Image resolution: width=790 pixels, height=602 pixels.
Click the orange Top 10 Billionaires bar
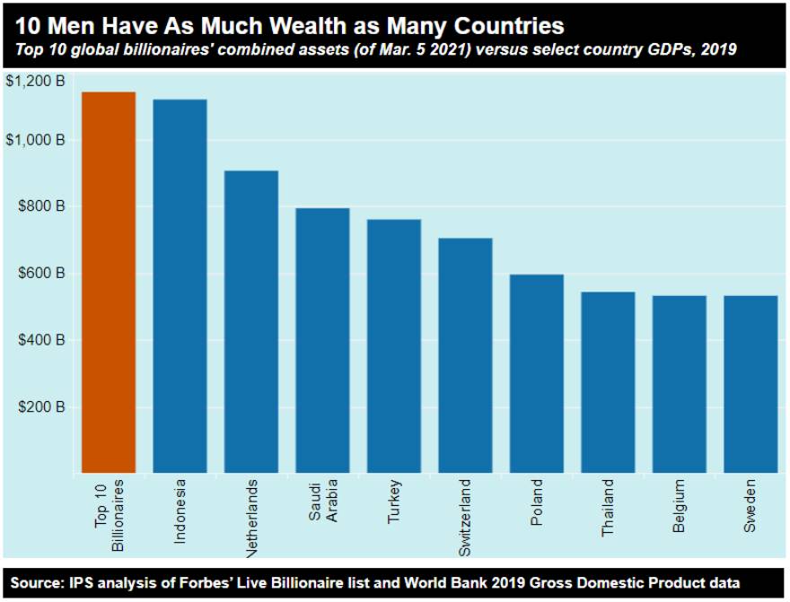109,282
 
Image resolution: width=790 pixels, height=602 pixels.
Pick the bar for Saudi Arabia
322,340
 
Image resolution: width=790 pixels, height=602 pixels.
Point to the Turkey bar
393,345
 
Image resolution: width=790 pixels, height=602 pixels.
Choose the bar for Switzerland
465,354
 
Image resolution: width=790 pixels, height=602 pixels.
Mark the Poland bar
536,373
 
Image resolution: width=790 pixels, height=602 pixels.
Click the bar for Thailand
608,381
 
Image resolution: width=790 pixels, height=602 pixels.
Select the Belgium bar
679,383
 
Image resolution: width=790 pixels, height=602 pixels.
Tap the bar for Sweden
750,383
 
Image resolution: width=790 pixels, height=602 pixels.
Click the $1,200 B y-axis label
35,81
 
